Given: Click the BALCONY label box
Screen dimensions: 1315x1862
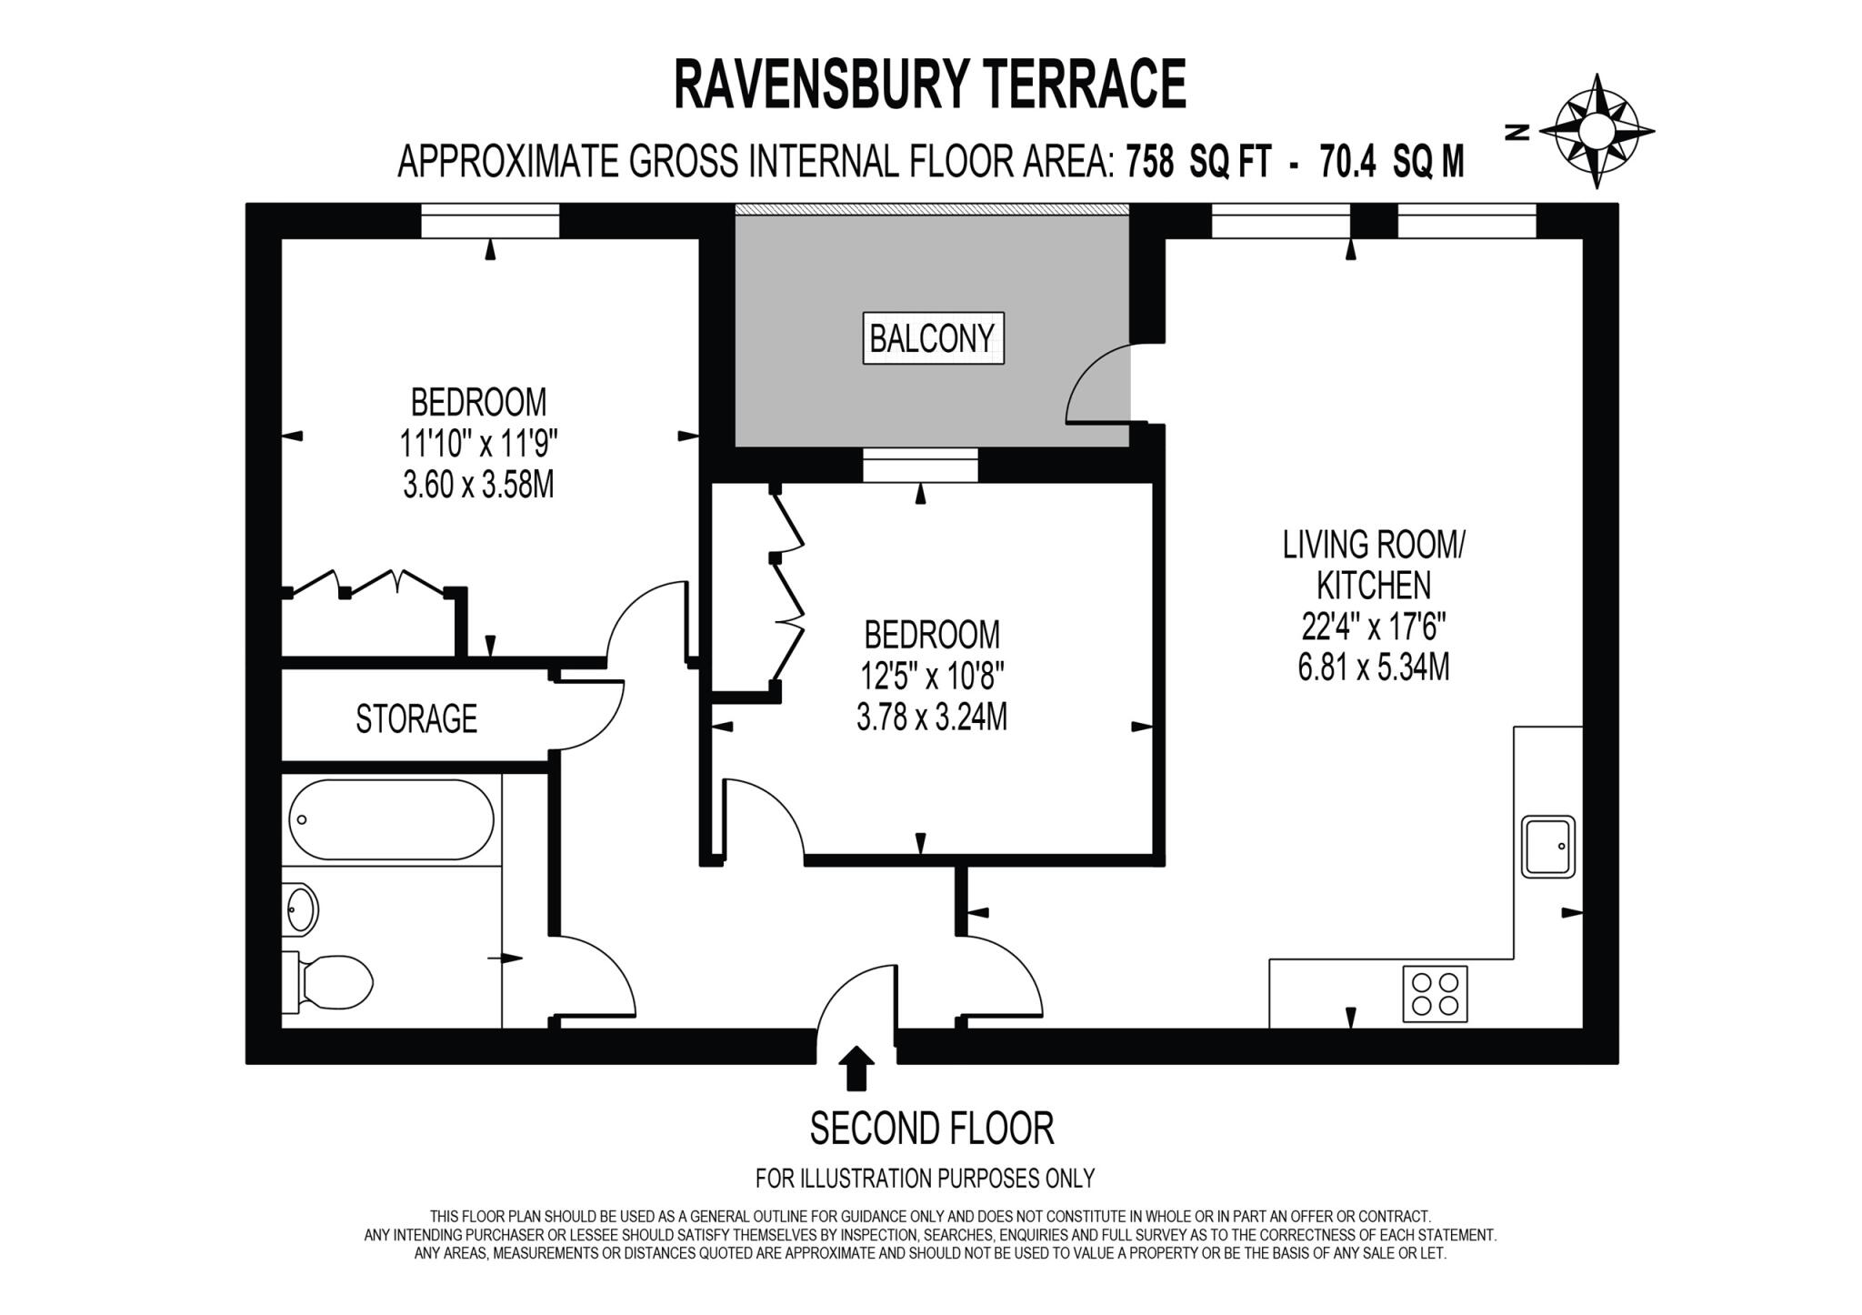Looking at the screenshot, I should coord(933,339).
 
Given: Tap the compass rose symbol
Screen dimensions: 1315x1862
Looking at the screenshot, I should coord(1596,133).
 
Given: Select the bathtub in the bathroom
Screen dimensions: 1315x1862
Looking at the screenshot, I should coord(391,819).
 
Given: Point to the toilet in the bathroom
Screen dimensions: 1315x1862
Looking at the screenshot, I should coord(332,982).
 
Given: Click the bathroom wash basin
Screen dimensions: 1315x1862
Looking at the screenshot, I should coord(301,908).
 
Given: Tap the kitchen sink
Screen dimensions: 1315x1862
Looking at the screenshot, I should coord(1547,846).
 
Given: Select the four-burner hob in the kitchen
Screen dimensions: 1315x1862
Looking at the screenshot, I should coord(1436,993).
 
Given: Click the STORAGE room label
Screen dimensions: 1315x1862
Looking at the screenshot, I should coord(416,718).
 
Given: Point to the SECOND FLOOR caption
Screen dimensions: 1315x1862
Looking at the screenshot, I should coord(931,1129).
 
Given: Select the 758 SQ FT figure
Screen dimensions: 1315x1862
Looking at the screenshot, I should coord(1196,163).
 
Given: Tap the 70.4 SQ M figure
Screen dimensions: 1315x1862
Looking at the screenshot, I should coord(1391,163).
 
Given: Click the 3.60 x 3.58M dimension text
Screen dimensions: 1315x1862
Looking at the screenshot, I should coord(478,485).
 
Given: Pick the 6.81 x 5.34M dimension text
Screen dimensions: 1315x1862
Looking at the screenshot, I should coord(1374,668).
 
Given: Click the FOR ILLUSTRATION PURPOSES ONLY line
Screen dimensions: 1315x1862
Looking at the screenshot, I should coord(925,1179).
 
